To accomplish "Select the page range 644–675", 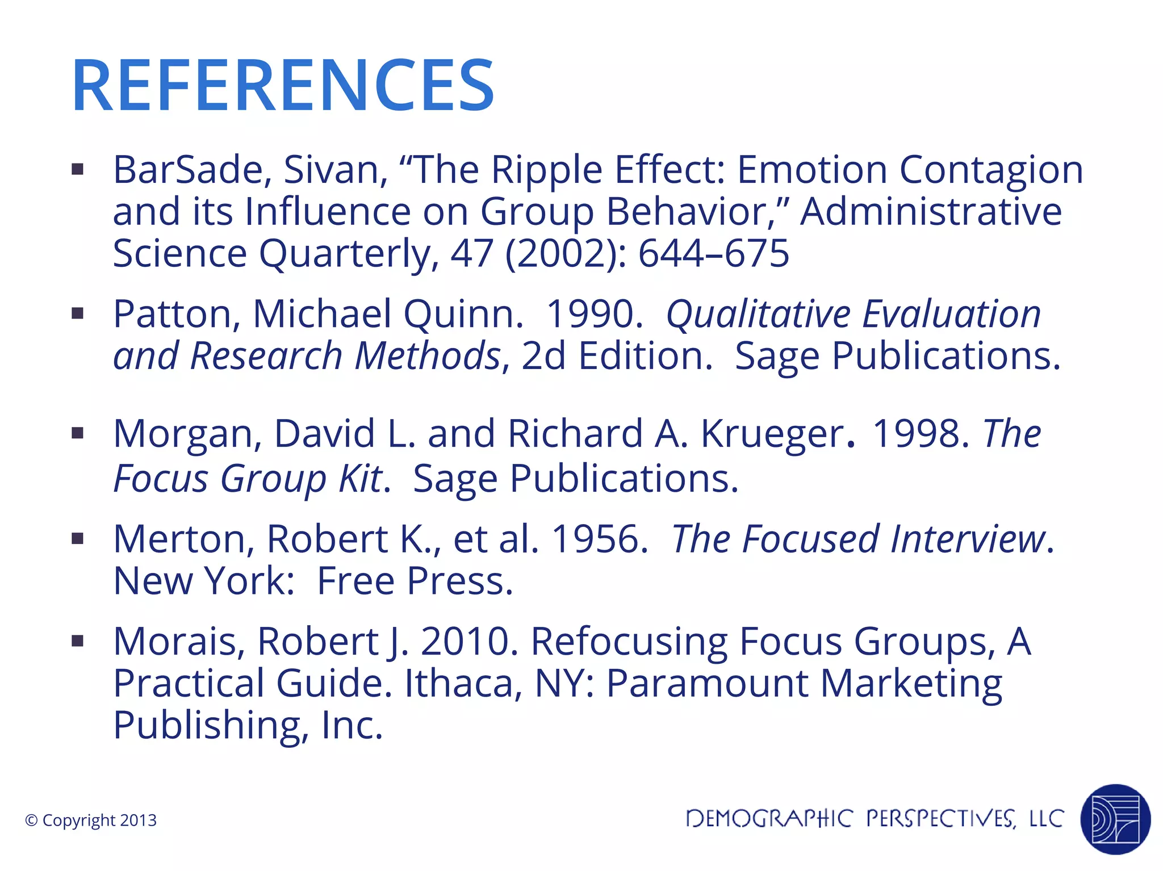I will pos(714,253).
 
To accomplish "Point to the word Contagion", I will pos(991,170).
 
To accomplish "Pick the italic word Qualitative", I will pos(759,315).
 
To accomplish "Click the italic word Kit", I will pos(361,479).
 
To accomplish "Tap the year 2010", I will pos(469,642).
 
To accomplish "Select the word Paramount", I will pos(708,683).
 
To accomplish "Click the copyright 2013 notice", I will pos(91,820).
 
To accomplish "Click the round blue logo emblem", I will pos(1115,819).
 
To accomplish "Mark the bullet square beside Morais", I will pos(78,642).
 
